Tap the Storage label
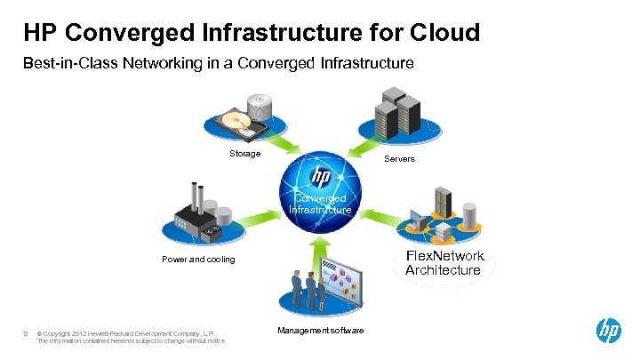(x=245, y=154)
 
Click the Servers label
(x=399, y=159)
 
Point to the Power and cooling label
(x=198, y=260)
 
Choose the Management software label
(x=320, y=331)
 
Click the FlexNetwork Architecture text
(x=444, y=263)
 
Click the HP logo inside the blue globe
(x=320, y=174)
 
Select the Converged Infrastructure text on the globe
(x=320, y=204)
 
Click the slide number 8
(x=27, y=333)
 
